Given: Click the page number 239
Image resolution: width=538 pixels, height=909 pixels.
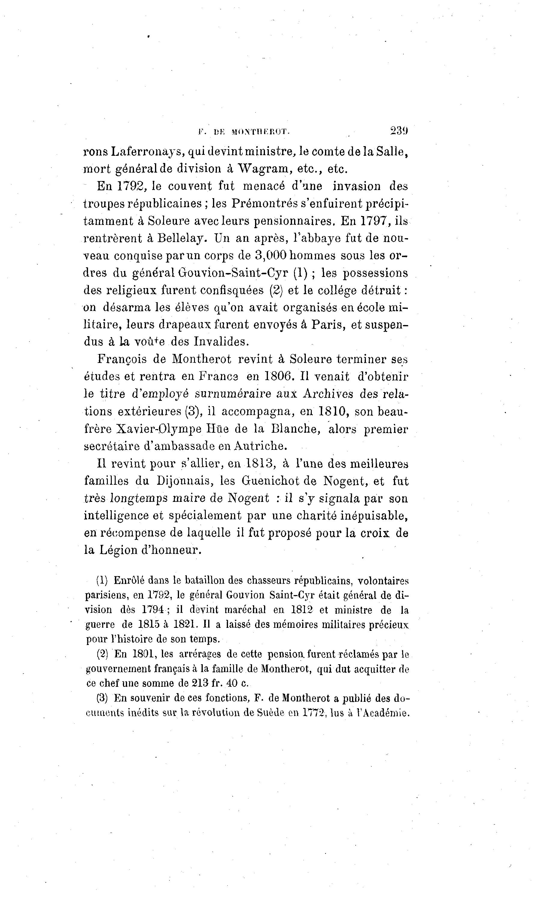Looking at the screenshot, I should (399, 131).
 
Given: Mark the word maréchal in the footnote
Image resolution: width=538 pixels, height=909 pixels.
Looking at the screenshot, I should (246, 610).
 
